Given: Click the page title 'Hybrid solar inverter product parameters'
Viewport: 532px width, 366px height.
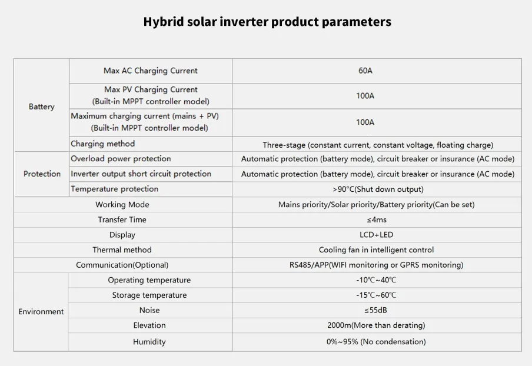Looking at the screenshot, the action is coord(267,22).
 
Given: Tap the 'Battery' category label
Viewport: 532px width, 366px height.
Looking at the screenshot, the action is coord(41,107).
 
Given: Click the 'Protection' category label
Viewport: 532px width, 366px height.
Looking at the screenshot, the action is coord(42,174).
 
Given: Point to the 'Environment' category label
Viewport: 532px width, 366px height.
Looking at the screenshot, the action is coord(41,311).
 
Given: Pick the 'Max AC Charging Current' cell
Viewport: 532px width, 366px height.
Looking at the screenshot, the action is coord(150,71).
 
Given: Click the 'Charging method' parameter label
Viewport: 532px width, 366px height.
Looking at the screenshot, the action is coord(103,144).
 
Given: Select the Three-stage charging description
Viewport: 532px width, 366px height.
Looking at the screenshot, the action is coord(378,145).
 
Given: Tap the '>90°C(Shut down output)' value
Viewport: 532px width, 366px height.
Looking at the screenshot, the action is coord(378,189).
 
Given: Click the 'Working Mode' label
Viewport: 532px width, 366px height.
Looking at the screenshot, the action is coord(122,205).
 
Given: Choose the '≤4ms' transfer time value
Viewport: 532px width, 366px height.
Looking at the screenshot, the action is coord(377,219).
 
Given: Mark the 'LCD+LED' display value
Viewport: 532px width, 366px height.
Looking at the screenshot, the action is coord(376,234).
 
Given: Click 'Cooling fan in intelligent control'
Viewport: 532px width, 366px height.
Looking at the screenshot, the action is coord(376,249).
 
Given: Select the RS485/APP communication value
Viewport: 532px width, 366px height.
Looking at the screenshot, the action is coord(376,265).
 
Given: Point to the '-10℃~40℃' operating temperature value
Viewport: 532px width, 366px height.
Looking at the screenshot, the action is coord(376,280).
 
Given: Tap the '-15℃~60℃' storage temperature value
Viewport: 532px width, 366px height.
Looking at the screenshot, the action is coord(376,295).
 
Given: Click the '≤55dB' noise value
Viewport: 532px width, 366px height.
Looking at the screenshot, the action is coord(376,310).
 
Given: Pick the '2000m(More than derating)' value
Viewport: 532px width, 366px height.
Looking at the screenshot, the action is coord(376,325).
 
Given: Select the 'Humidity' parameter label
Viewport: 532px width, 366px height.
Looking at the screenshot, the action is coord(149,341).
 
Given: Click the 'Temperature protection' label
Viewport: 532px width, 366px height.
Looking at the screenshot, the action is coord(114,189).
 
